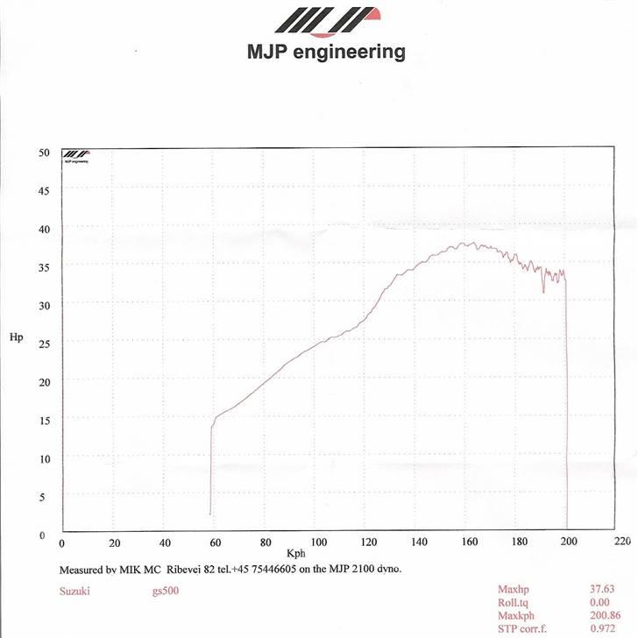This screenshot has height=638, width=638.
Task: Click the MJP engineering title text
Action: [x=326, y=53]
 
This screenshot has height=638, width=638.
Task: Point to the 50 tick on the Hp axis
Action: [x=45, y=152]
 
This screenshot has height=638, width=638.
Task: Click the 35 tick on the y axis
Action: [x=45, y=267]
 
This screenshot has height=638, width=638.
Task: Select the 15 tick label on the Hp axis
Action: [x=45, y=421]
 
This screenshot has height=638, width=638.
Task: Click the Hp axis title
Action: [x=16, y=337]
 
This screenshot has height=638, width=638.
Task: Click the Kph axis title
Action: [x=295, y=555]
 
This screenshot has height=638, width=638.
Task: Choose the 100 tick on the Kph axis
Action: [x=319, y=543]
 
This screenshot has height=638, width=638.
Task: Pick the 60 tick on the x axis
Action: [x=215, y=543]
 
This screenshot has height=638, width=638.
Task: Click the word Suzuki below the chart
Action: [x=74, y=591]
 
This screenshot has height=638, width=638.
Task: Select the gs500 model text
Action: [x=165, y=591]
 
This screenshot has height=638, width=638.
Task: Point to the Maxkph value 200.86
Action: [x=601, y=616]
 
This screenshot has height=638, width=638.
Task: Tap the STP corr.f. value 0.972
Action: [x=604, y=629]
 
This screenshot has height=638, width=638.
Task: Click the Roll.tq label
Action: [x=514, y=603]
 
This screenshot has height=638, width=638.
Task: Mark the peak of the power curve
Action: [x=470, y=244]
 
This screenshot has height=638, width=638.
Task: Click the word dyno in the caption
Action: [x=387, y=569]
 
